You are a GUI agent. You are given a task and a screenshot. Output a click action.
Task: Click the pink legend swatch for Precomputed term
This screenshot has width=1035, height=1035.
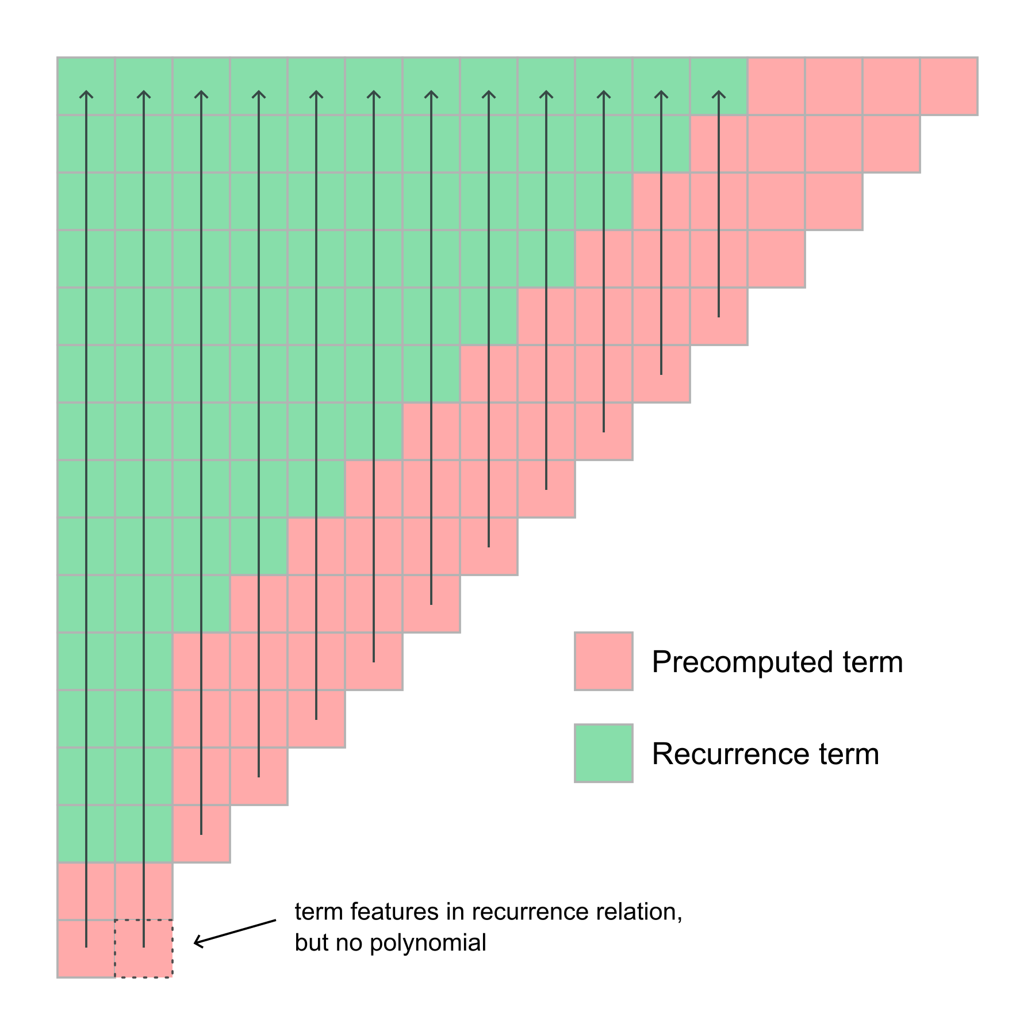click(x=603, y=661)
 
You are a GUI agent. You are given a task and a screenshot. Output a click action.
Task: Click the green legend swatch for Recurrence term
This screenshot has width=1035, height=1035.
click(x=603, y=753)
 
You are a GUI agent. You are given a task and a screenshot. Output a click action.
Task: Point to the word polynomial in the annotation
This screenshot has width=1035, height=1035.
click(x=428, y=943)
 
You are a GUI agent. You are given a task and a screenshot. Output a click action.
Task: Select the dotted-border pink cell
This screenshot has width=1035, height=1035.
click(x=144, y=948)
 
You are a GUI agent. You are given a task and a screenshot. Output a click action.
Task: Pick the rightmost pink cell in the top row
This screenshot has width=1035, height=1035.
click(x=949, y=86)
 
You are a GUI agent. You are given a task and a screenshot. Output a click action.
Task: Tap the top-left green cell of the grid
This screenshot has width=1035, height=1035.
click(x=86, y=86)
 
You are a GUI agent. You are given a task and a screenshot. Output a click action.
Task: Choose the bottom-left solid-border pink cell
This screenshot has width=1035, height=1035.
click(x=86, y=948)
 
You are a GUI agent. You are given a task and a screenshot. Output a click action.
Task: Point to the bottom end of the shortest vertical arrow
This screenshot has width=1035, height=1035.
click(x=719, y=316)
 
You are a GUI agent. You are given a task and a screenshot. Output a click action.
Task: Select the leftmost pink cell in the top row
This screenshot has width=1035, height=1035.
click(x=776, y=86)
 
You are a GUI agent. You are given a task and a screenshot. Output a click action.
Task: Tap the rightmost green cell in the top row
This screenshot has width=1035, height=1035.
click(x=719, y=86)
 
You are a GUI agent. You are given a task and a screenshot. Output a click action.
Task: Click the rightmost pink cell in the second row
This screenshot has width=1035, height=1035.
click(x=891, y=144)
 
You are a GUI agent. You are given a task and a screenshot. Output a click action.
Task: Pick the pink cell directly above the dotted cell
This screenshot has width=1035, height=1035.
click(x=144, y=891)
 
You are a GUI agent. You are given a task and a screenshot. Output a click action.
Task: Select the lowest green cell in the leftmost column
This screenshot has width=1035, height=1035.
click(x=86, y=833)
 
